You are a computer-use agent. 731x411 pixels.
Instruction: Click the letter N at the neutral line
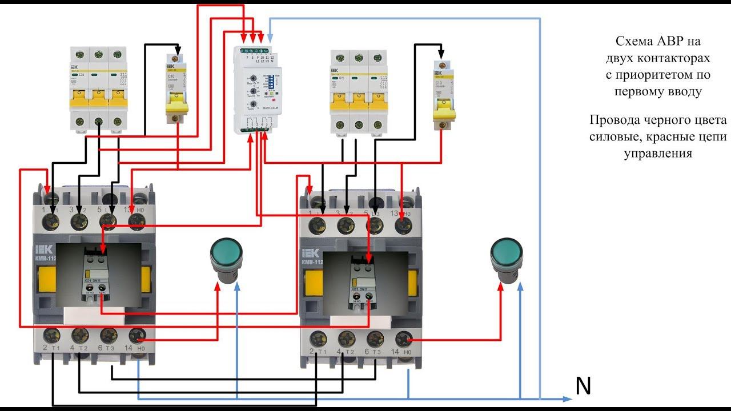point(583,387)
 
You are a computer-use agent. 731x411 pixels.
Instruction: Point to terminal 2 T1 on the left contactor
point(53,335)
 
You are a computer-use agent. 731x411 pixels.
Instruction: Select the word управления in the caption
point(658,153)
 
